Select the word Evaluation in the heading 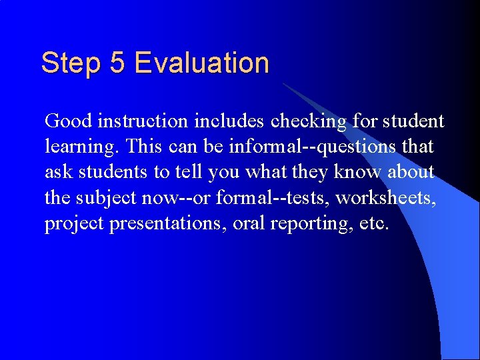(201, 63)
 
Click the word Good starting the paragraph (68, 121)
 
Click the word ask (59, 171)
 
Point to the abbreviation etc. (373, 223)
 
